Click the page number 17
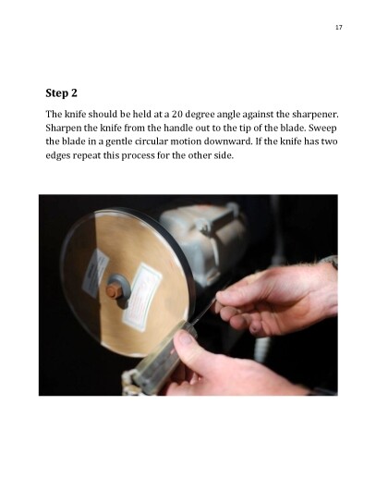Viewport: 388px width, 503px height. (339, 27)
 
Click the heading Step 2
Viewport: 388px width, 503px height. (62, 93)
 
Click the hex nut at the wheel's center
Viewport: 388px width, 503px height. (114, 290)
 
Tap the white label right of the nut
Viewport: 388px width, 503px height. (142, 297)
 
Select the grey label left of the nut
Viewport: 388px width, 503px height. (95, 273)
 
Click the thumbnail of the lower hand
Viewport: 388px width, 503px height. (184, 337)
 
